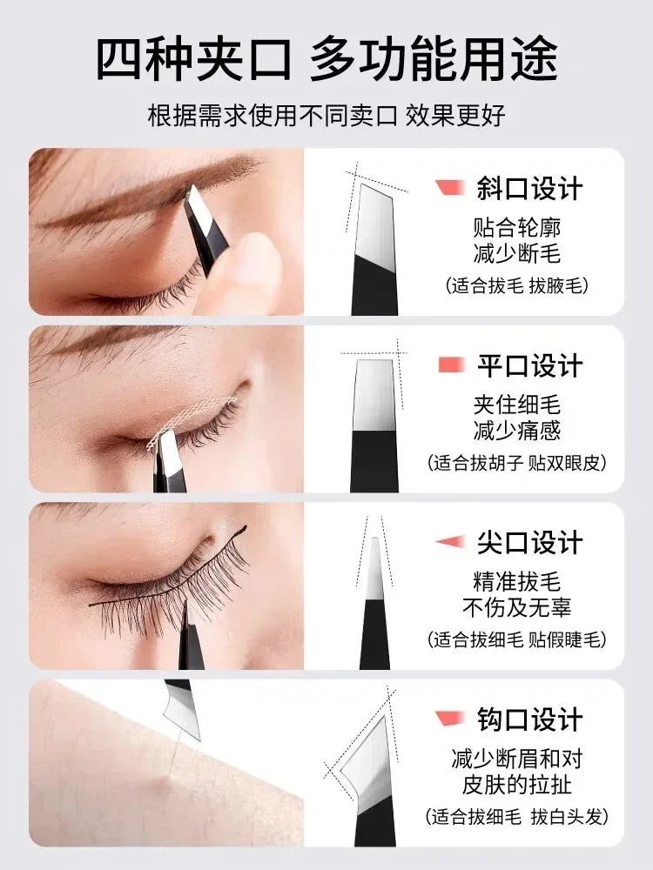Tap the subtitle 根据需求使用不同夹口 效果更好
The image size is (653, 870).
click(x=326, y=116)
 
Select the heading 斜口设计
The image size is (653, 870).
click(x=529, y=189)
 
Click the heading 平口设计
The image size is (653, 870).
click(x=529, y=366)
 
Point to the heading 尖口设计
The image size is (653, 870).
click(x=529, y=543)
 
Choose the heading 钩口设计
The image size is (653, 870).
click(x=529, y=719)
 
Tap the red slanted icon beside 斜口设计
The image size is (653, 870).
click(x=450, y=188)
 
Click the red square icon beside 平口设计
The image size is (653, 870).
click(x=451, y=365)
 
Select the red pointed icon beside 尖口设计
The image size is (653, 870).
click(x=450, y=541)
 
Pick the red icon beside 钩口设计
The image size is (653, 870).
click(x=450, y=718)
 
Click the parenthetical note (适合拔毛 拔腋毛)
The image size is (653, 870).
click(x=516, y=285)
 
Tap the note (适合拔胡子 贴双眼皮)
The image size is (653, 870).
click(x=517, y=462)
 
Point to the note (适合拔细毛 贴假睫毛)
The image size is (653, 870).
click(x=517, y=639)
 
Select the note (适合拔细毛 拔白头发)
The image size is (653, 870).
click(x=517, y=817)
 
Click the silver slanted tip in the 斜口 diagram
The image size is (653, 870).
click(x=374, y=222)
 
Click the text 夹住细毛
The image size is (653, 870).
click(x=517, y=405)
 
